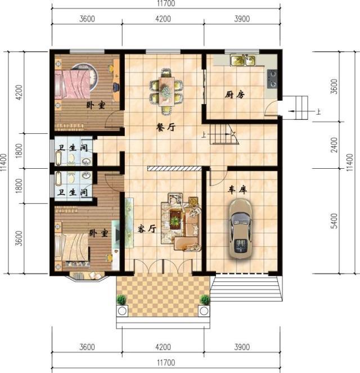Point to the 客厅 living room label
click(x=146, y=230)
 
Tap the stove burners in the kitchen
click(x=272, y=78)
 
